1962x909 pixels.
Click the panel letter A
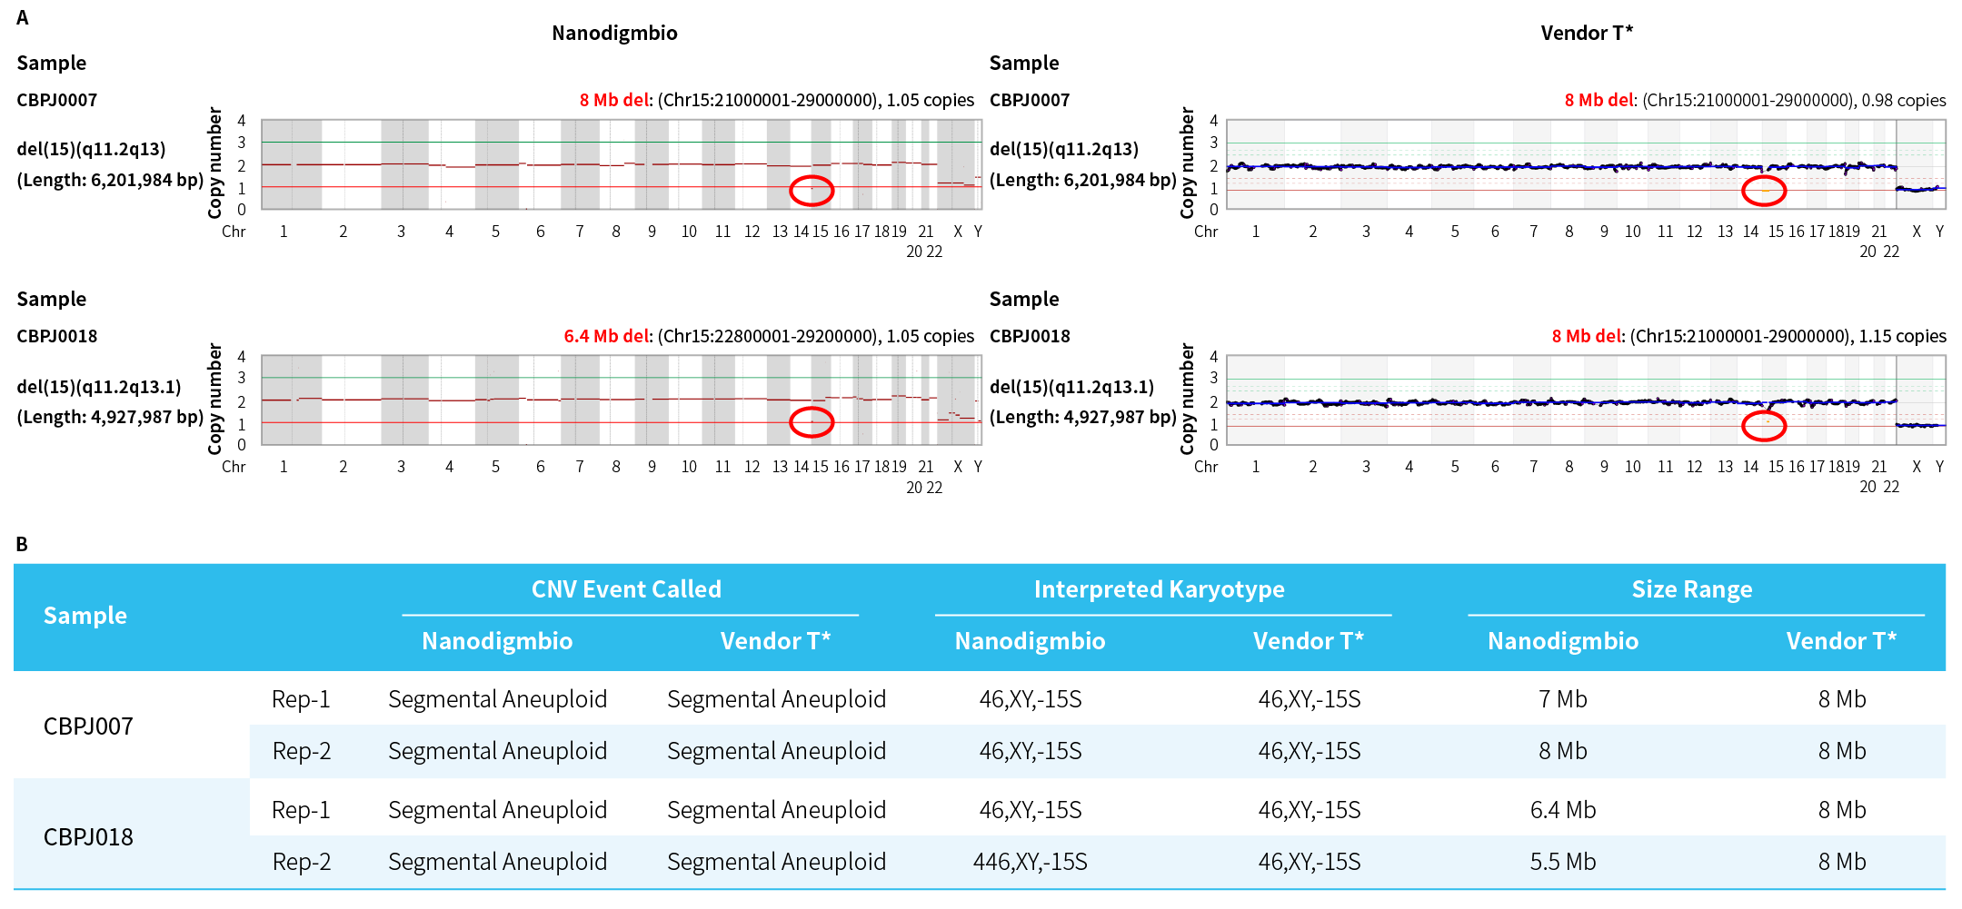tap(23, 17)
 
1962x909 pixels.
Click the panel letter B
tap(22, 544)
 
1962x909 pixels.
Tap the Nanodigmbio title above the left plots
tap(614, 34)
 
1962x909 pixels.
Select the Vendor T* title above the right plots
tap(1586, 34)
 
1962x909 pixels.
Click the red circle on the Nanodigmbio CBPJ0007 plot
tap(812, 191)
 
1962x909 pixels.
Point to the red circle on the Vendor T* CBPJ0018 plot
tap(1764, 425)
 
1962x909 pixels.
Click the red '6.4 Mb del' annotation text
tap(607, 336)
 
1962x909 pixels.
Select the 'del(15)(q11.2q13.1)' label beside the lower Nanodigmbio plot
tap(99, 387)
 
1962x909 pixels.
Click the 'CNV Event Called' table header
tap(626, 589)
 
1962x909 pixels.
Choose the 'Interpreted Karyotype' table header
tap(1159, 589)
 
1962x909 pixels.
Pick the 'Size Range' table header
tap(1691, 589)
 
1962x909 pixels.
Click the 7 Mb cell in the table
tap(1562, 699)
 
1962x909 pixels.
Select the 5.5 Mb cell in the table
tap(1562, 862)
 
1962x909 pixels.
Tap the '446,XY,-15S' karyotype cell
tap(1030, 862)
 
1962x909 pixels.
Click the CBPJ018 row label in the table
tap(88, 836)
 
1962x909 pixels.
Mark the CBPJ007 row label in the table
tap(88, 726)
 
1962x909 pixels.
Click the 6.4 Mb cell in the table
tap(1562, 810)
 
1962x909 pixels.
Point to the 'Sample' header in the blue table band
tap(85, 616)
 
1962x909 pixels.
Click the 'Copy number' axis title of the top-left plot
tap(215, 163)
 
